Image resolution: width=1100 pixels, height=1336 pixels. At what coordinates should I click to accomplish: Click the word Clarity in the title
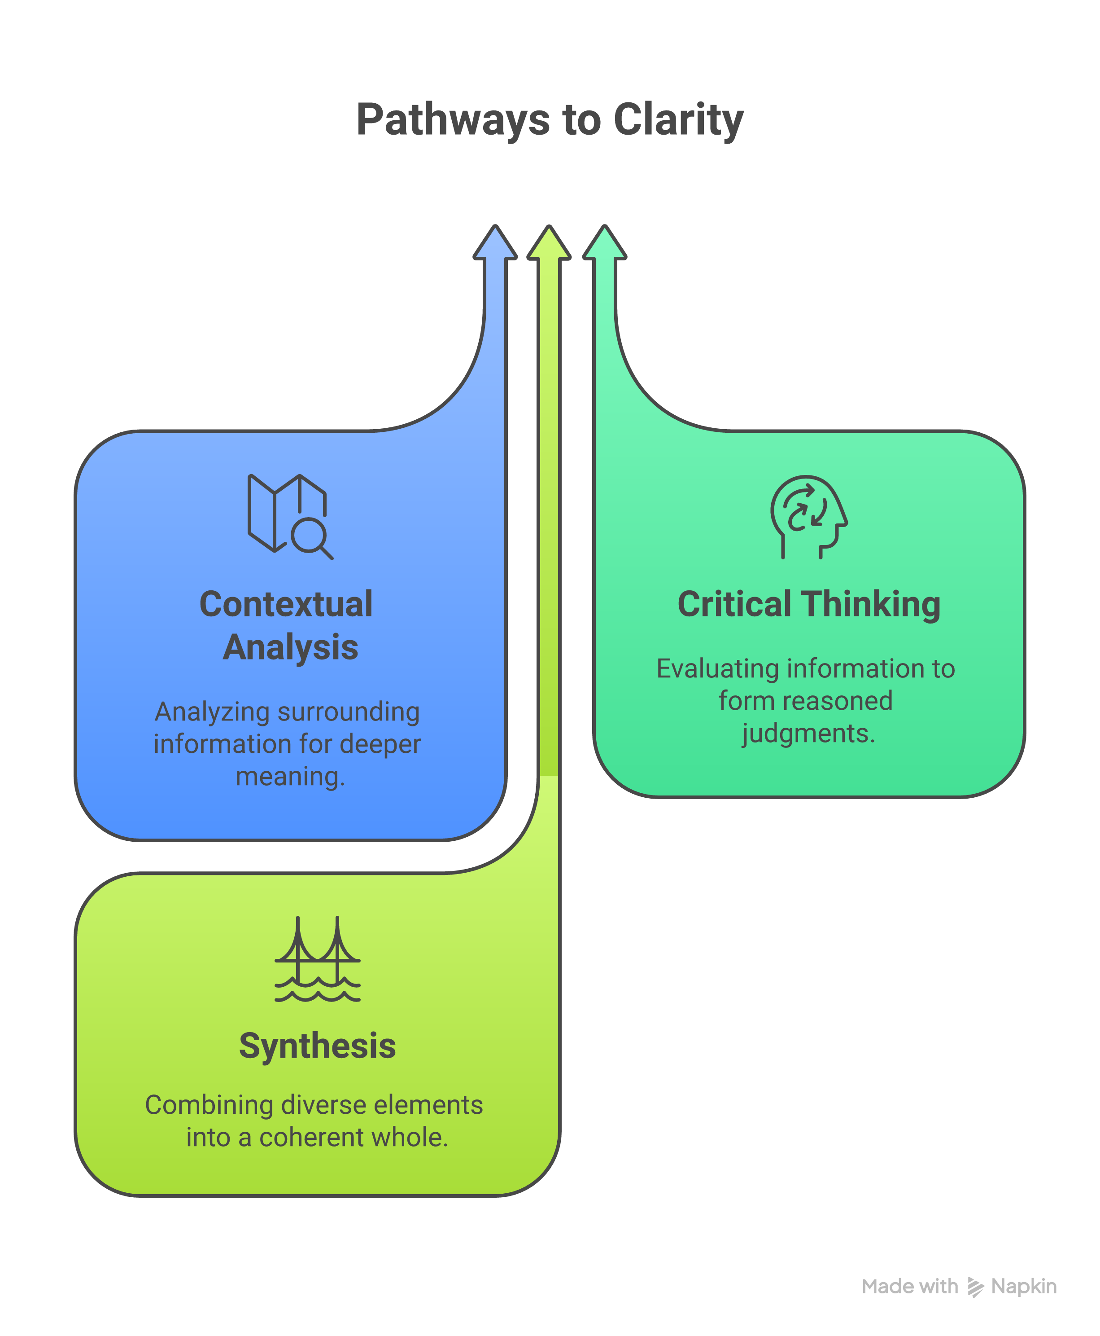[x=679, y=120]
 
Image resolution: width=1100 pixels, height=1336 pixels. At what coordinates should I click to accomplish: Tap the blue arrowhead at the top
[x=496, y=242]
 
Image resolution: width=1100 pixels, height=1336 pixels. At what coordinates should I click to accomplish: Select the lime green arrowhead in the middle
[x=550, y=242]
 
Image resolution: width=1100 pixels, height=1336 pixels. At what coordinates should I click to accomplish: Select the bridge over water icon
[x=318, y=959]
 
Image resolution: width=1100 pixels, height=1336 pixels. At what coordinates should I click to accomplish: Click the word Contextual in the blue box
[x=286, y=604]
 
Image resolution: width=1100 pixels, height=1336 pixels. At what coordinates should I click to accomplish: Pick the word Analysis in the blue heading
[x=291, y=647]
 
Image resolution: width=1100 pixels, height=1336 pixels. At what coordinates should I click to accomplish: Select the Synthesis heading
[x=318, y=1046]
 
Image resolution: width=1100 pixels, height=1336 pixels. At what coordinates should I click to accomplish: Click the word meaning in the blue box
[x=291, y=777]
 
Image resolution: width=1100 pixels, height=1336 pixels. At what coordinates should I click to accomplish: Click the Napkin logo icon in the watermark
[x=976, y=1287]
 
